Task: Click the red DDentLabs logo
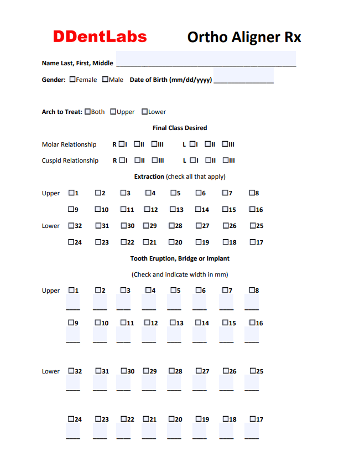tap(100, 37)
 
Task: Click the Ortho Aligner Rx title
tap(244, 37)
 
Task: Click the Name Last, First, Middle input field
tap(205, 59)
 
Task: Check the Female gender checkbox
tap(72, 80)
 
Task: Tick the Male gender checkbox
tap(105, 80)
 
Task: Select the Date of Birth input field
tap(243, 76)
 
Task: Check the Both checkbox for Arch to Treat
tap(87, 112)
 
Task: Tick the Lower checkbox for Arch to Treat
tap(144, 112)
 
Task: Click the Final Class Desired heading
tap(180, 128)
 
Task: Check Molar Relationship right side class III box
tap(154, 144)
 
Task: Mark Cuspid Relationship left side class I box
tap(192, 160)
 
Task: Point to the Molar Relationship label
tap(69, 144)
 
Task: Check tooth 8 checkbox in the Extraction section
tap(252, 193)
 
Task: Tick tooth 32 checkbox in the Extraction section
tap(71, 226)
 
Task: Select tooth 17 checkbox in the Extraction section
tap(253, 242)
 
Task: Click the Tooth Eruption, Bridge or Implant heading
tap(180, 258)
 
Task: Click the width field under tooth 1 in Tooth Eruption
tap(73, 303)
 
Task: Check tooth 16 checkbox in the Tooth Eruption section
tap(253, 323)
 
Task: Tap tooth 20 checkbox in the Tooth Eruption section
tap(172, 419)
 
